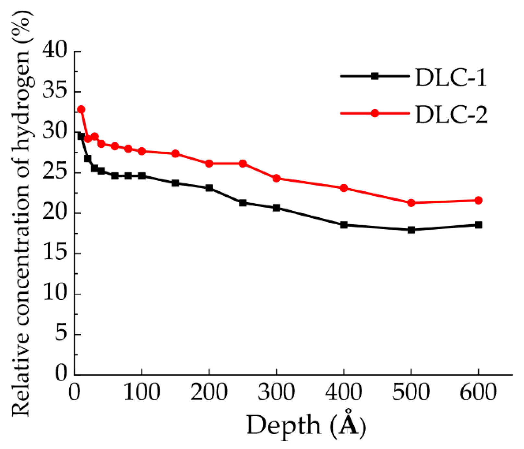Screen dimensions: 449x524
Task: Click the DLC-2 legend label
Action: click(x=451, y=114)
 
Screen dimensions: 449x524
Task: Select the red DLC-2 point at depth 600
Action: click(x=478, y=200)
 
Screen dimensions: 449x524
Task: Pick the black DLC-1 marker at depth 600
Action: click(x=478, y=225)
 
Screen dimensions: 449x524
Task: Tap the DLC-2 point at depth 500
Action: click(x=411, y=203)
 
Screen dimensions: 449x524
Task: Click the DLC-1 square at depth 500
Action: click(x=411, y=230)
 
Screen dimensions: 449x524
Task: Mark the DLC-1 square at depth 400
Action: click(x=344, y=225)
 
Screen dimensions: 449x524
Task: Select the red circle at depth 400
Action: click(x=344, y=188)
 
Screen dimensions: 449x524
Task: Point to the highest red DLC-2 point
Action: click(x=81, y=109)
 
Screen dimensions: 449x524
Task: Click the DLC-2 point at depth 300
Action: click(x=276, y=178)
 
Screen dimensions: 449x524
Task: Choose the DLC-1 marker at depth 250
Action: click(x=243, y=203)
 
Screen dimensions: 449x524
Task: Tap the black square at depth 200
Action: click(x=209, y=188)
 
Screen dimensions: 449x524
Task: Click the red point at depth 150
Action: click(x=175, y=154)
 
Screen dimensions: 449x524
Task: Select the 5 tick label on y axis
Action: click(x=61, y=334)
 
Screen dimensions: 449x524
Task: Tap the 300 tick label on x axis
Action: click(x=276, y=393)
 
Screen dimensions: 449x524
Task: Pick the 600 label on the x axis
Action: click(x=478, y=393)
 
